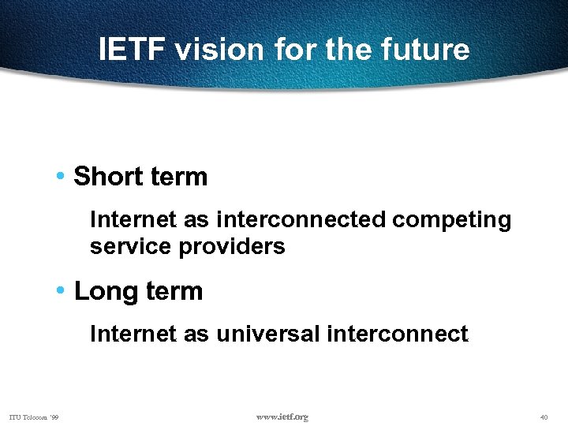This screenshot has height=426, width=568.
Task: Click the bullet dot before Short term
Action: pos(62,176)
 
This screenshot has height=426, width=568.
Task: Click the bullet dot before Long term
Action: pos(62,290)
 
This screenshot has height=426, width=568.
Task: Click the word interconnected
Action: pos(301,219)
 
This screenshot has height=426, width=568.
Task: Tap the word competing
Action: pos(451,220)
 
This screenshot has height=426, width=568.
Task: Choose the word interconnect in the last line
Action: pos(397,334)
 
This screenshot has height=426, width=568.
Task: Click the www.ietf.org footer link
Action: pos(282,417)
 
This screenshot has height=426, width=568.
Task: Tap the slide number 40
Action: pos(544,417)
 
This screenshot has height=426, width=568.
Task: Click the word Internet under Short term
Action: pos(128,219)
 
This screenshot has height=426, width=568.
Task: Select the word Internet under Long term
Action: pos(128,334)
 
